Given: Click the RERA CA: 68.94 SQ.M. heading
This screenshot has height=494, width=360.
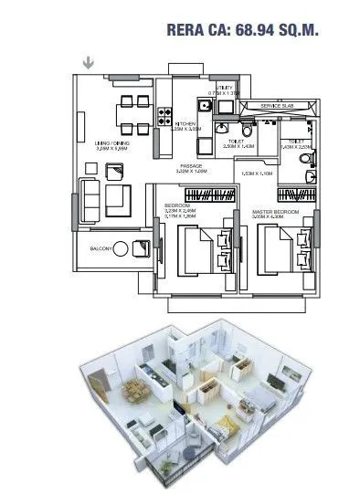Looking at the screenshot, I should coord(242,30).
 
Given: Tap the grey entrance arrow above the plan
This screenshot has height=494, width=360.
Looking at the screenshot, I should coord(88,63).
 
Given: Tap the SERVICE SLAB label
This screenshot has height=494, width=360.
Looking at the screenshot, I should coord(277,107).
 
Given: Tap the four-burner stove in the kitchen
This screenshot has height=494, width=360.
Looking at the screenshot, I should coord(167,117).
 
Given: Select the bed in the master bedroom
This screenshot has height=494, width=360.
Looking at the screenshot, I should coord(280,247).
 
